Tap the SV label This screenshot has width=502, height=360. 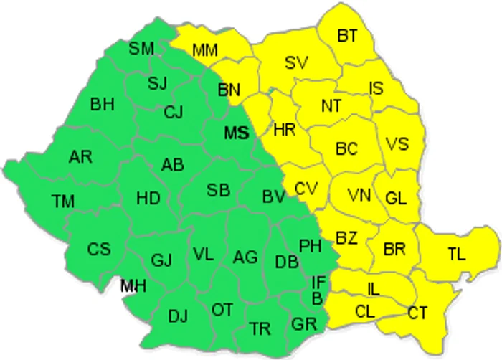pyautogui.click(x=295, y=62)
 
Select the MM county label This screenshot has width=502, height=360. pyautogui.click(x=206, y=50)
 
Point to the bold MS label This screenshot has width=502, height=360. pyautogui.click(x=237, y=133)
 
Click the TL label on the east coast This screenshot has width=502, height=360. pyautogui.click(x=456, y=253)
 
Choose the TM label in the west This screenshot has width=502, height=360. pyautogui.click(x=63, y=202)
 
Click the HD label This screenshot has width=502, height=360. pyautogui.click(x=148, y=197)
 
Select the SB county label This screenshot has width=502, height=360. pyautogui.click(x=218, y=190)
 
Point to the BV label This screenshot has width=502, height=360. pyautogui.click(x=274, y=196)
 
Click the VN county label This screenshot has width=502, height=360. pyautogui.click(x=359, y=194)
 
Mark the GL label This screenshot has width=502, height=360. pyautogui.click(x=396, y=198)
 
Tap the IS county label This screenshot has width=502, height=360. pyautogui.click(x=376, y=87)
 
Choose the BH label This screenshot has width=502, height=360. pyautogui.click(x=102, y=105)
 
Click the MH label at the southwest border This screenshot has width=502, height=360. pyautogui.click(x=133, y=286)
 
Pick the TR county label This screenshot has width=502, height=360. pyautogui.click(x=260, y=329)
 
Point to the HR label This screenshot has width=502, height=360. pyautogui.click(x=285, y=130)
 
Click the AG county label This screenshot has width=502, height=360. pyautogui.click(x=245, y=256)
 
